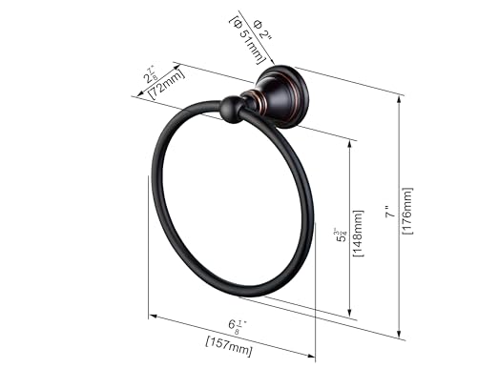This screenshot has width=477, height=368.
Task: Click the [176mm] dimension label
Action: (409, 214)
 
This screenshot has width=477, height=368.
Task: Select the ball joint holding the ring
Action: (231, 110)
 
